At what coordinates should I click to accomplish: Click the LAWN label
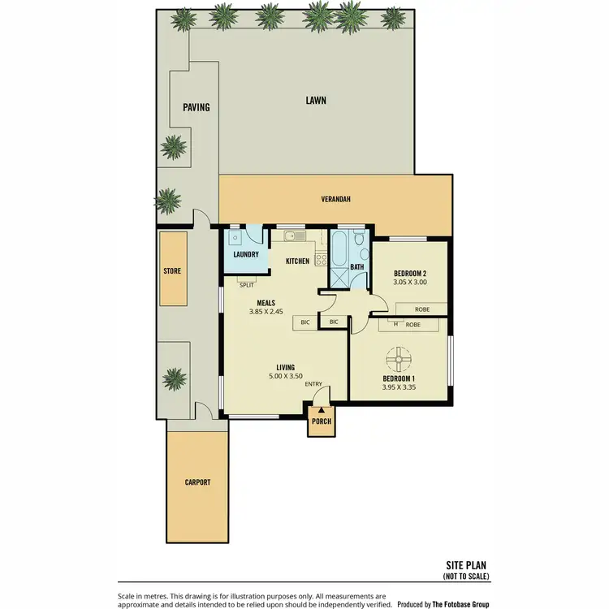(x=316, y=101)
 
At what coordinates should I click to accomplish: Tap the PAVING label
(x=196, y=107)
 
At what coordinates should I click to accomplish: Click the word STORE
(x=172, y=271)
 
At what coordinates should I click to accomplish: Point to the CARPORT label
(x=197, y=482)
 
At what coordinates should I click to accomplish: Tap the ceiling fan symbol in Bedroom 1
(x=398, y=358)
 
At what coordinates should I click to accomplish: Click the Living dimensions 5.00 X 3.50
(x=284, y=377)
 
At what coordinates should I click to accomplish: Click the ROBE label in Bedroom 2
(x=421, y=309)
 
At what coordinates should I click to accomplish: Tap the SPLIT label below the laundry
(x=246, y=285)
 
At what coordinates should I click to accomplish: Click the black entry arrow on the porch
(x=322, y=410)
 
